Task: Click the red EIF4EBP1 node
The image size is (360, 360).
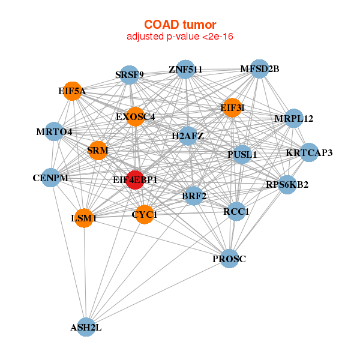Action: [136, 179]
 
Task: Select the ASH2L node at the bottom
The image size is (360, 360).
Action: [86, 327]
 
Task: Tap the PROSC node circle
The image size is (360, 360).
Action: [229, 259]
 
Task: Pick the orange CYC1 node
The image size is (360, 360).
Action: [145, 214]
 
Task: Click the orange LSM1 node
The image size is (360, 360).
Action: [84, 218]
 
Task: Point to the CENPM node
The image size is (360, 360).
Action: [51, 178]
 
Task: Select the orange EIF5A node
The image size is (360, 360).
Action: [72, 91]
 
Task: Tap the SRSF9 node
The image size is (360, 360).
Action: [130, 75]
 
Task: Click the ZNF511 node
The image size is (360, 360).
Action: [185, 69]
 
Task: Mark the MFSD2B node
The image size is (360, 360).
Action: [259, 69]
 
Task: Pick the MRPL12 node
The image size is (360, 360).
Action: [294, 118]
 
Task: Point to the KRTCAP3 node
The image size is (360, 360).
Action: [309, 152]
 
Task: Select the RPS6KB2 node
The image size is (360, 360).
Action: [287, 184]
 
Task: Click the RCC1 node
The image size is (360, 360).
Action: [236, 211]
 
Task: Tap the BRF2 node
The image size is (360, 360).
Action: [194, 196]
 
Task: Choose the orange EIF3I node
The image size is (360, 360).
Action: [232, 108]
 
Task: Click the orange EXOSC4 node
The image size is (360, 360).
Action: [136, 117]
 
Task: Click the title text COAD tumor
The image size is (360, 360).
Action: [180, 24]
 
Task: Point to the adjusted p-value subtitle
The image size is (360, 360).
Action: [180, 37]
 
